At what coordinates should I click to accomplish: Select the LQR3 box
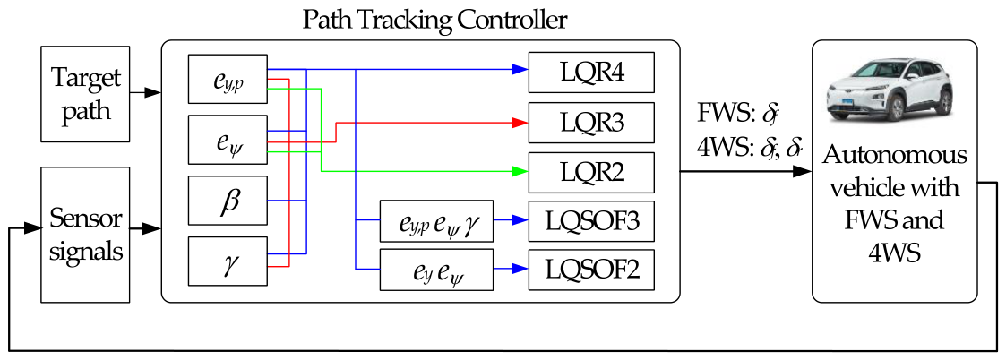point(591,122)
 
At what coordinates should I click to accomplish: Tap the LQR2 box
point(591,172)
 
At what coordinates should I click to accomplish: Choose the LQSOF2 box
point(591,270)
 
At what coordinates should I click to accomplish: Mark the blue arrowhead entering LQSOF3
point(518,219)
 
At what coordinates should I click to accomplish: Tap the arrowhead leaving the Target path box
point(154,91)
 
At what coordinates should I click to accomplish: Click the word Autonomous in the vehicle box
point(894,155)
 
